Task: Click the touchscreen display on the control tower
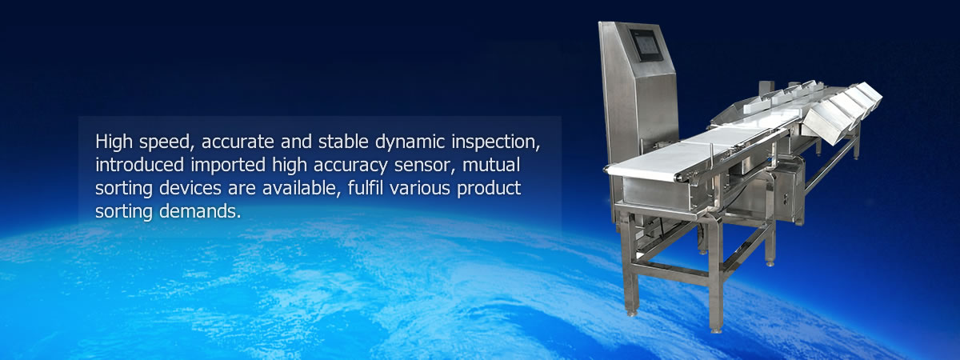tap(646, 45)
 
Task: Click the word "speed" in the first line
tap(164, 142)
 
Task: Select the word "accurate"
tap(238, 142)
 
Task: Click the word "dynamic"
tap(410, 142)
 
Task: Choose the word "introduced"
tap(139, 165)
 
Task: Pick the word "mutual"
tap(491, 165)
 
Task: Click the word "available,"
tap(302, 189)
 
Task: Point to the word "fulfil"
tap(364, 188)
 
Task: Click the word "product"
tap(489, 189)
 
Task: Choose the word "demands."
tap(200, 211)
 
